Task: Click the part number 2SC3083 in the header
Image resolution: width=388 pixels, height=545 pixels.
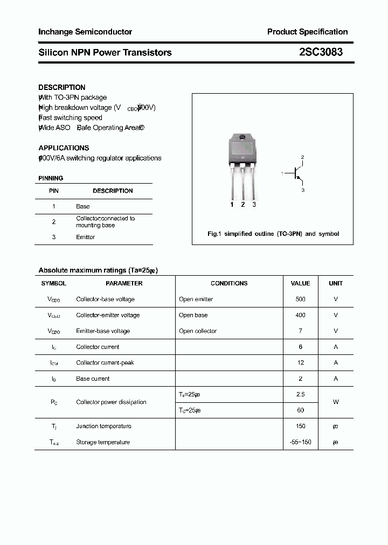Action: tap(320, 52)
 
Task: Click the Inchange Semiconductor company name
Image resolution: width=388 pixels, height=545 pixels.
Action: tap(85, 32)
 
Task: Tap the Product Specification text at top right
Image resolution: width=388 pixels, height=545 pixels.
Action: tap(307, 32)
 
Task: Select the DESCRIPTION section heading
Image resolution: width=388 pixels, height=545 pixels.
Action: tap(62, 87)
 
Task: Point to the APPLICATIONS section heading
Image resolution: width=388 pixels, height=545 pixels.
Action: tap(64, 148)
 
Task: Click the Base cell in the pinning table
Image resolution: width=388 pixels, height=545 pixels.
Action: tap(83, 206)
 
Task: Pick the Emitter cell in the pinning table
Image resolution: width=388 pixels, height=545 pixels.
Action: tap(86, 237)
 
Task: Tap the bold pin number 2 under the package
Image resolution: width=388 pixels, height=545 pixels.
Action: tap(243, 205)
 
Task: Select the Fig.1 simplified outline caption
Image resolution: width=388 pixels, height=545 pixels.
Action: tap(273, 234)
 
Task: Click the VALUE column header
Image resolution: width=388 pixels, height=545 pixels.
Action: tap(300, 283)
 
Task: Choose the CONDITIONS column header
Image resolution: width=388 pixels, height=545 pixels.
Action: tap(229, 283)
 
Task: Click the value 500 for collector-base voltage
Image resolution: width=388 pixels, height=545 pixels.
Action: tap(300, 299)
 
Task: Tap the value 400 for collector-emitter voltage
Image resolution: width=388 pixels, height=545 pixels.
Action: tap(300, 315)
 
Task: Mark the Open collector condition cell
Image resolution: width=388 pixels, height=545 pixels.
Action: tap(198, 331)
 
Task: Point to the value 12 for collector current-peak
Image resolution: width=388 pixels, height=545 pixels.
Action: tap(300, 363)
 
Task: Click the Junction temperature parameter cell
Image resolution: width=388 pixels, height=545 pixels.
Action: tap(103, 426)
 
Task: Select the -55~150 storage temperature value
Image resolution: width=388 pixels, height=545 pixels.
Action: tap(300, 442)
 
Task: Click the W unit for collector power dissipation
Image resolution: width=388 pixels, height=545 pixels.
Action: tap(336, 402)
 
